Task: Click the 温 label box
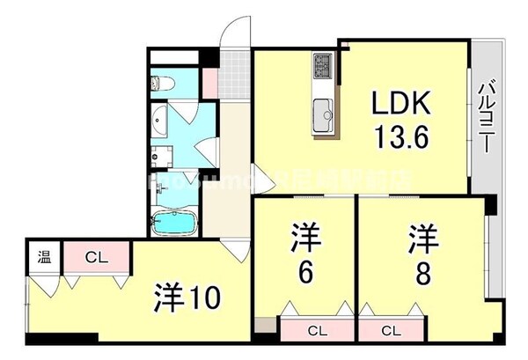pos(43,258)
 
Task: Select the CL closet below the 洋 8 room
pos(392,331)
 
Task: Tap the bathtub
pos(176,223)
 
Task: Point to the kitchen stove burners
pos(321,65)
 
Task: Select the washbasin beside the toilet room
pos(159,121)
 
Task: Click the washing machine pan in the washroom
pos(160,158)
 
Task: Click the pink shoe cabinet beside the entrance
pos(209,80)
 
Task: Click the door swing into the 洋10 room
pos(234,249)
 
